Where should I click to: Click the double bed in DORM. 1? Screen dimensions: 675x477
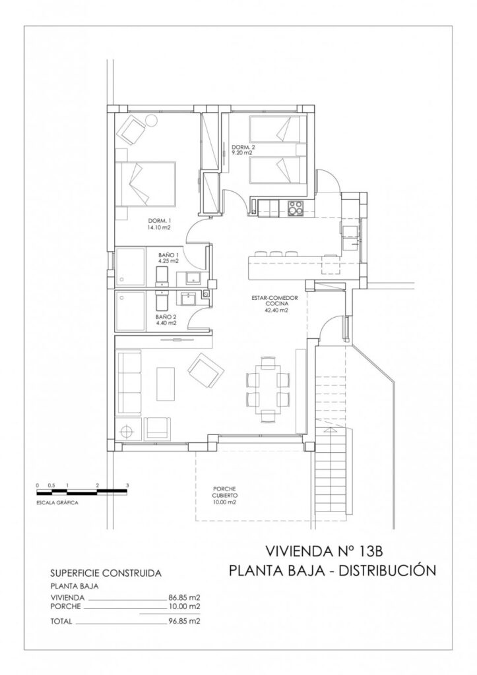146,184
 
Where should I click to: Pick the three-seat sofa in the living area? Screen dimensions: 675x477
129,382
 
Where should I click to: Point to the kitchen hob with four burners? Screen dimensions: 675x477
295,208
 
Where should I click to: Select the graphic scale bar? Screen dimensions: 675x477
82,492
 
